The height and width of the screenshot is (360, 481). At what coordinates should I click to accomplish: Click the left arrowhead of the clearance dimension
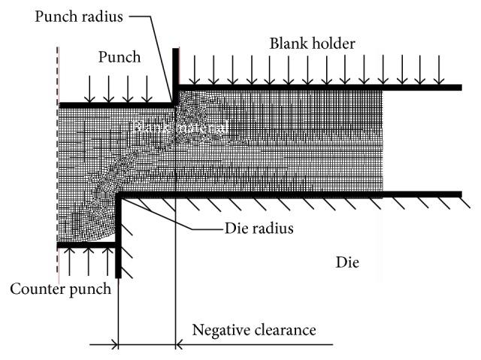pos(113,345)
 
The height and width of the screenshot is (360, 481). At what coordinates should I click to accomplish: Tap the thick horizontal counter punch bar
pos(86,245)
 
